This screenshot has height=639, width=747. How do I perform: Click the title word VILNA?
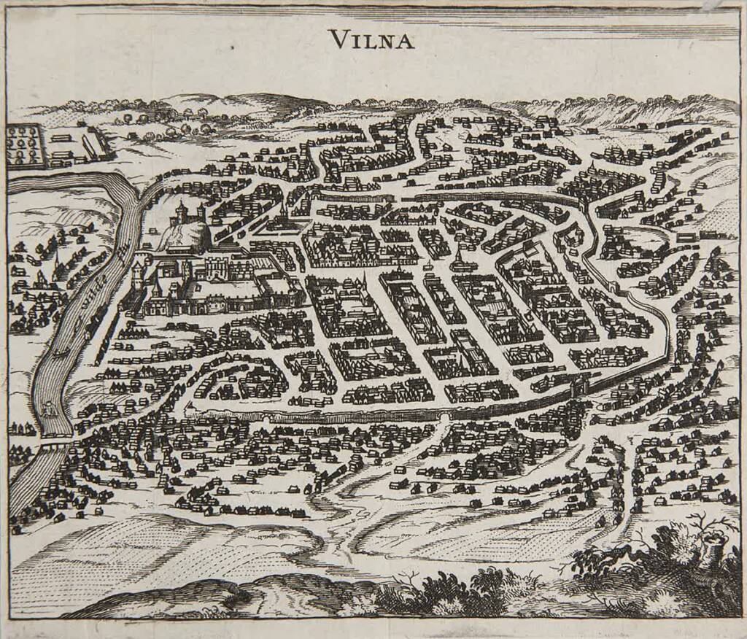[371, 39]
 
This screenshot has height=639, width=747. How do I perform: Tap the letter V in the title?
[337, 39]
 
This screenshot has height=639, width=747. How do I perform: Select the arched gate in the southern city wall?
[444, 418]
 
